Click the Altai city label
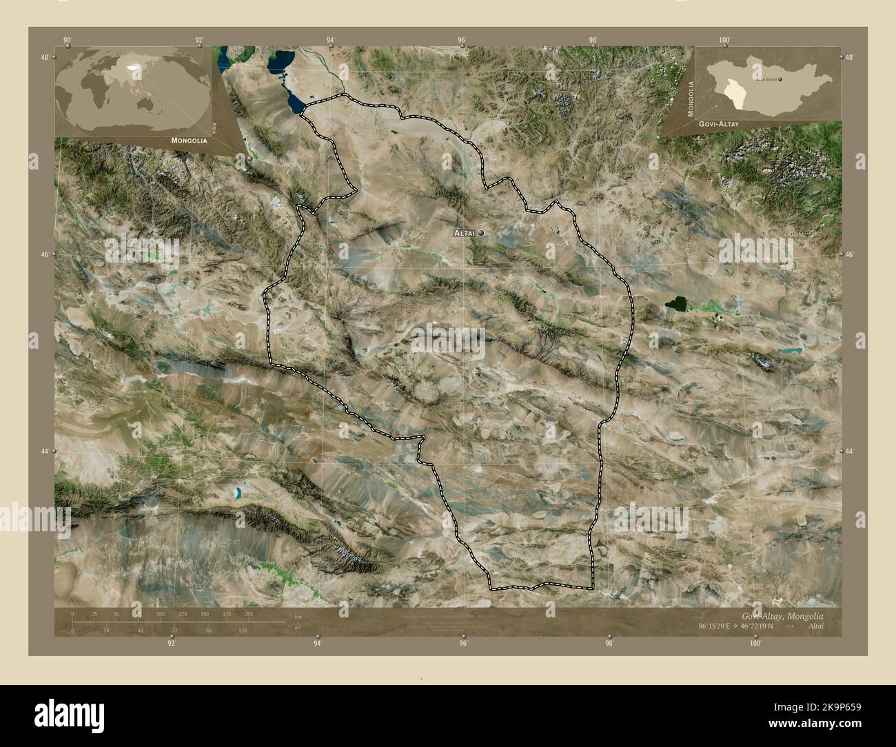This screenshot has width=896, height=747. pos(464,234)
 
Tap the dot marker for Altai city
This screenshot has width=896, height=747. pos(480,233)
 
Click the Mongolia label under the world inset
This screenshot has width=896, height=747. pos(186,140)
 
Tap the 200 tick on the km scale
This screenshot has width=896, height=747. pos(249,613)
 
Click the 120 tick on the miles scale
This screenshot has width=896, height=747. pos(242,630)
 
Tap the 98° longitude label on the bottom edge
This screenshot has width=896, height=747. pos(609,644)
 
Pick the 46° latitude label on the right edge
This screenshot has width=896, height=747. pos(851,254)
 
